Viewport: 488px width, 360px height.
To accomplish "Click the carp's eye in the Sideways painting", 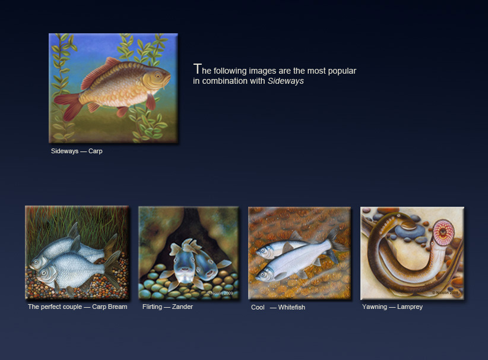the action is click(158, 75).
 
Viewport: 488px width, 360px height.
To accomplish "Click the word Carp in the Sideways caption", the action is click(95, 151).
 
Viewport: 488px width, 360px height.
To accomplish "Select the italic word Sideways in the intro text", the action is click(286, 81).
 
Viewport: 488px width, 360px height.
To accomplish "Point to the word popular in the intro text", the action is click(342, 71).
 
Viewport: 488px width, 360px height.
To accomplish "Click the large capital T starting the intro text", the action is click(197, 68).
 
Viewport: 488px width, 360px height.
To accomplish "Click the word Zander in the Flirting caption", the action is click(182, 307).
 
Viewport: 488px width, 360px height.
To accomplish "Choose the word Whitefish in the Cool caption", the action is click(291, 307).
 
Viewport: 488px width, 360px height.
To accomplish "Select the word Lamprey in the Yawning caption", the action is click(410, 307).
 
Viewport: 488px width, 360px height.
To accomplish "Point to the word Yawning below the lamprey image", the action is click(375, 307).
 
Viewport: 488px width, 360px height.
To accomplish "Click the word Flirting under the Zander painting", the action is click(152, 307).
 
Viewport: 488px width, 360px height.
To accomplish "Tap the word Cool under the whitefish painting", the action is click(258, 307).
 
